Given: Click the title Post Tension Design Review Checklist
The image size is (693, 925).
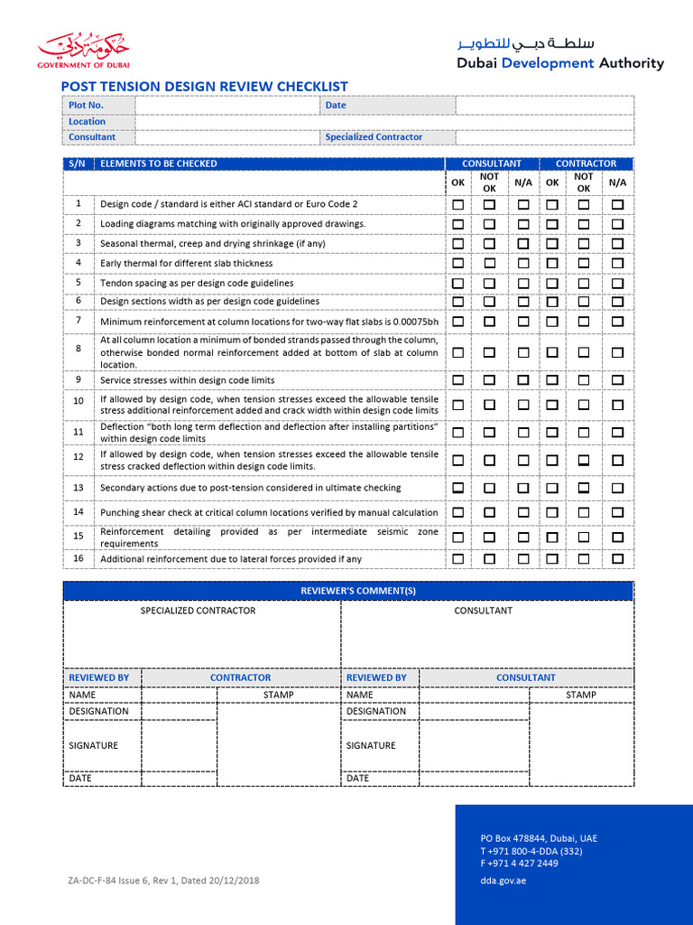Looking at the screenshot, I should pyautogui.click(x=204, y=87).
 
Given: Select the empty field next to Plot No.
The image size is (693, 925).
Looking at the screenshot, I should pyautogui.click(x=226, y=106).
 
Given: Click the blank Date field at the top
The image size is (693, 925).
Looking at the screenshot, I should pyautogui.click(x=544, y=106).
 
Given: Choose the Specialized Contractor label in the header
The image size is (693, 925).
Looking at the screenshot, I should pyautogui.click(x=374, y=137).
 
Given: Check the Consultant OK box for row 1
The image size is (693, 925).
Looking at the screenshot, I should pyautogui.click(x=458, y=205).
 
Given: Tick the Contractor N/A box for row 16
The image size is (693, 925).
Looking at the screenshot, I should pyautogui.click(x=617, y=559).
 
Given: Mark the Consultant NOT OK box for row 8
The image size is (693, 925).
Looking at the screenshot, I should pyautogui.click(x=489, y=352).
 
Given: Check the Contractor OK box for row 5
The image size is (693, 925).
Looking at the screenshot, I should pyautogui.click(x=552, y=283).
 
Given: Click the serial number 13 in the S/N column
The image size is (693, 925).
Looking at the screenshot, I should pyautogui.click(x=79, y=488).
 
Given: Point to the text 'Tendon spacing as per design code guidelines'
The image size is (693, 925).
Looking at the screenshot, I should pyautogui.click(x=197, y=283).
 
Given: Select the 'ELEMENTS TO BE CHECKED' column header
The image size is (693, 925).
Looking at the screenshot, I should pyautogui.click(x=159, y=164).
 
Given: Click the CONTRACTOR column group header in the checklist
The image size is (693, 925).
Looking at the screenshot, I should pyautogui.click(x=586, y=164).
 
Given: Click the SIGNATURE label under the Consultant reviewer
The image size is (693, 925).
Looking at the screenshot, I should pyautogui.click(x=371, y=746).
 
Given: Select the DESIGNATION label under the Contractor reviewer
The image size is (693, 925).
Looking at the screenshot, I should pyautogui.click(x=99, y=711).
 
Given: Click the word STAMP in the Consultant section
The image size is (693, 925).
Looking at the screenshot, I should pyautogui.click(x=580, y=695).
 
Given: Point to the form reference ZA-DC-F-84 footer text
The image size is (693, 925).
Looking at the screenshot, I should pyautogui.click(x=163, y=880).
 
